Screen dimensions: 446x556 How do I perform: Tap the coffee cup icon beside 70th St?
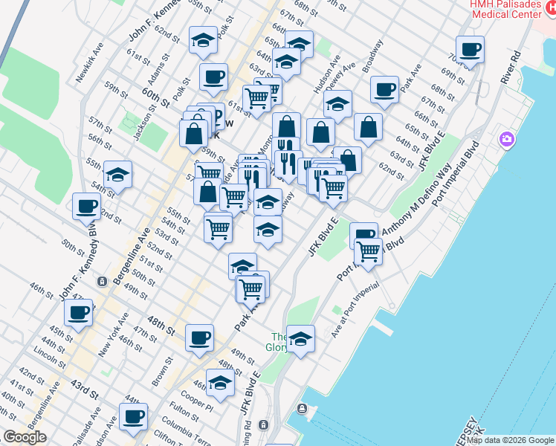(470, 51)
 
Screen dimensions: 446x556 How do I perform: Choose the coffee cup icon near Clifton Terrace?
(133, 417)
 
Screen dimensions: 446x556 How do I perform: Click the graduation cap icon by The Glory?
(300, 340)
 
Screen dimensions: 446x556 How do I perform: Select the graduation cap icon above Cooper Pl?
(219, 383)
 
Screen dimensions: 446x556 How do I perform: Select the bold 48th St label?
(161, 325)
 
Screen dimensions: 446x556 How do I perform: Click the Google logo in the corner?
(25, 436)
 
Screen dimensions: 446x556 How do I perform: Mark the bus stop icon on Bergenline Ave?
(102, 281)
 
